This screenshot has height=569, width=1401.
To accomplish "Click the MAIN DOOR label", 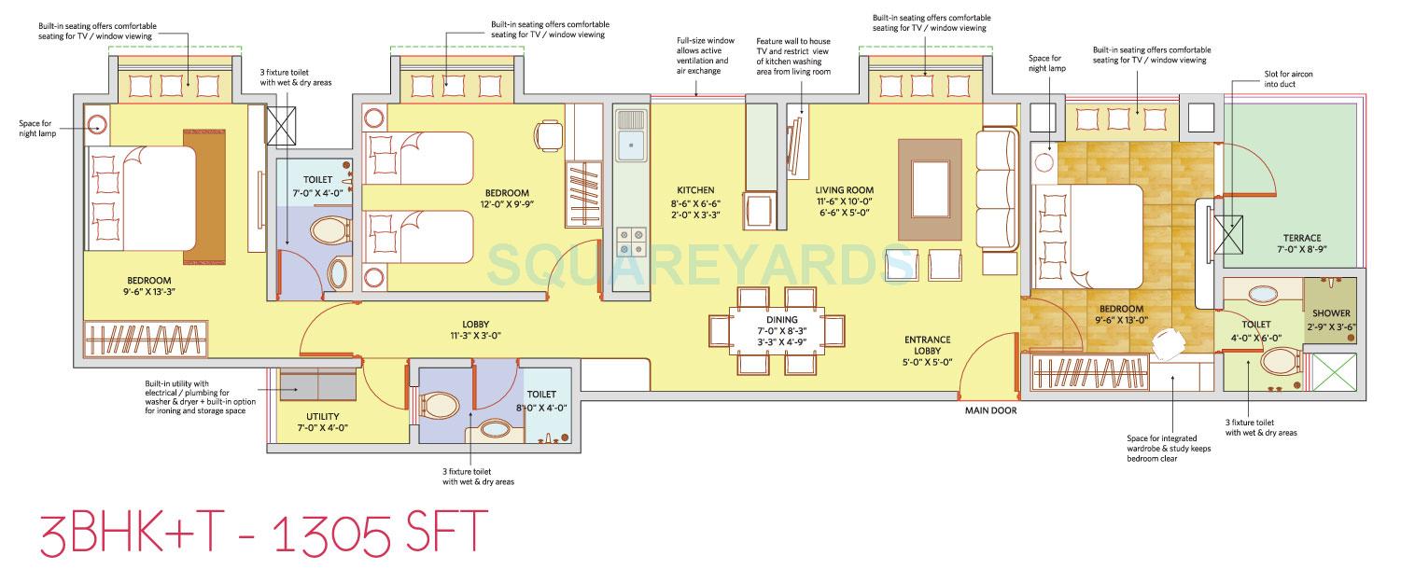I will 991,409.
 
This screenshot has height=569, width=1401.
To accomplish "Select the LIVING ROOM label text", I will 844,189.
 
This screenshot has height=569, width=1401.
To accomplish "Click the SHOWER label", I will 1331,313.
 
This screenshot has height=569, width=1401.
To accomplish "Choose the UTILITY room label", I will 322,416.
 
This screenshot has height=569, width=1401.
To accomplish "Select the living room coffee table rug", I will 930,189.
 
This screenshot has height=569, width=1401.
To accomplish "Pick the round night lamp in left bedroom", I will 97,123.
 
